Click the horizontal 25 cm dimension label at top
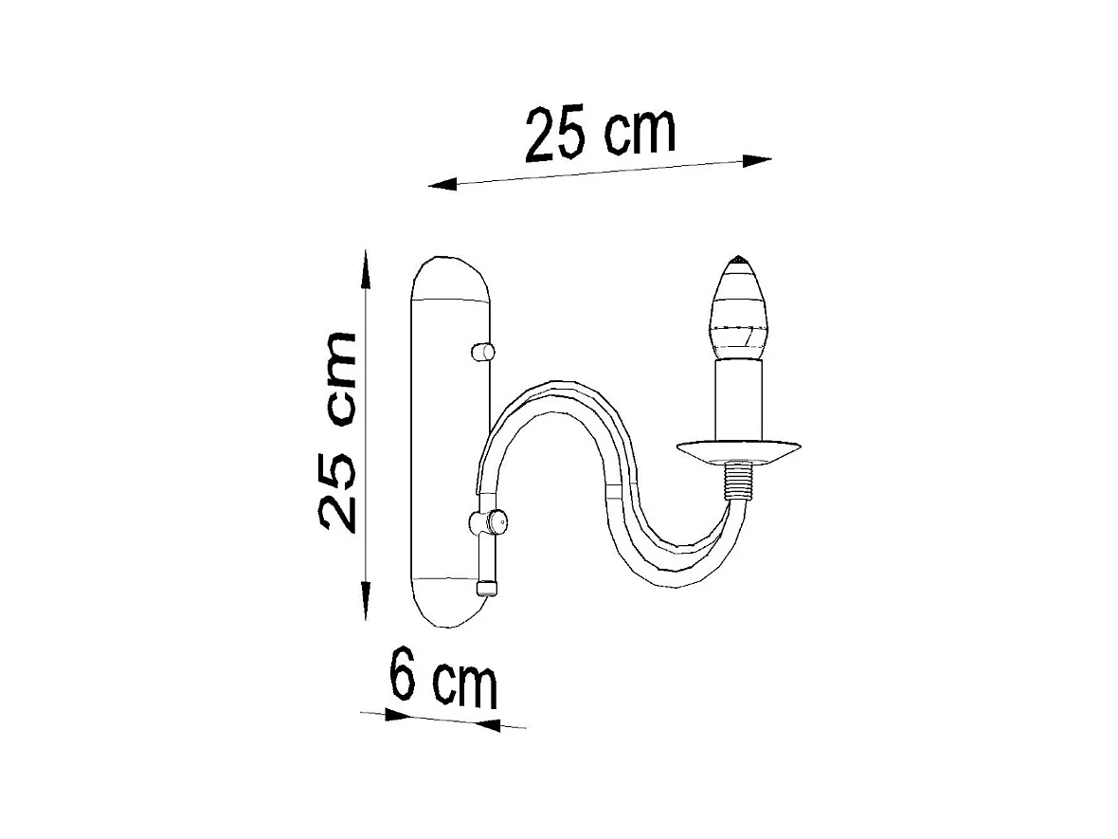[x=601, y=135]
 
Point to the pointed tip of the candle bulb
[x=738, y=259]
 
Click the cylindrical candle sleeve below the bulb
[x=738, y=398]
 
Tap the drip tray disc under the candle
[x=739, y=450]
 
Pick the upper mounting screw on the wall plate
[x=482, y=353]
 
